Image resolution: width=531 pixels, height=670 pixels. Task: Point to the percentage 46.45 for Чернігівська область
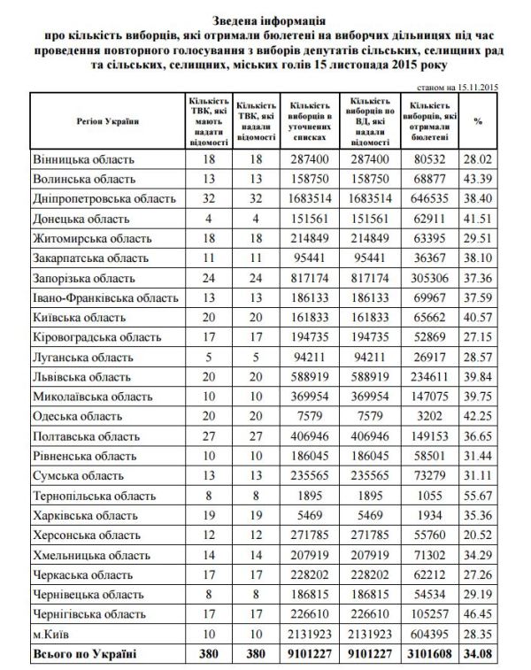click(x=484, y=612)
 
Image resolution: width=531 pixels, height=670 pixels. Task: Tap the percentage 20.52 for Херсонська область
click(x=484, y=535)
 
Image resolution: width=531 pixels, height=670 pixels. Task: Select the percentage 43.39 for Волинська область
click(x=484, y=179)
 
